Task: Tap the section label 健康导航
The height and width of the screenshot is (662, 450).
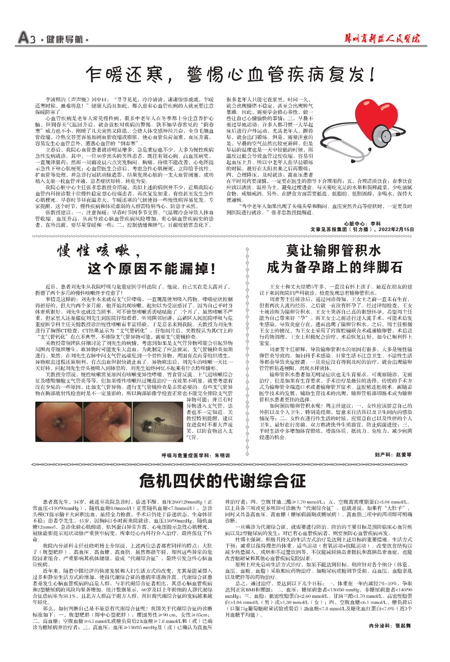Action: click(x=65, y=39)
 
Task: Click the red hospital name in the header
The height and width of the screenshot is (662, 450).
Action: click(x=382, y=39)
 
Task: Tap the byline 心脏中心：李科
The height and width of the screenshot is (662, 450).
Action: click(x=362, y=224)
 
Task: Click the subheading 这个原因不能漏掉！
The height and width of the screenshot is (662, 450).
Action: click(x=152, y=269)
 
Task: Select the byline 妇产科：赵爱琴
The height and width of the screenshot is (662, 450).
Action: click(x=393, y=455)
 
